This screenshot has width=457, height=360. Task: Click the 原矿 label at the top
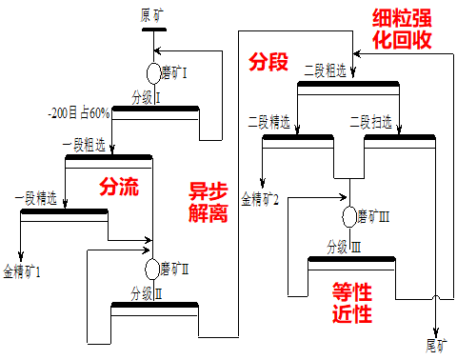tap(152, 16)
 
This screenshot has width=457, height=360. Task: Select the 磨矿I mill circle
tap(154, 73)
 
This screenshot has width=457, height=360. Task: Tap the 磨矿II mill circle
tap(152, 269)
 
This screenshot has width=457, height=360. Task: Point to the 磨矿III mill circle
tap(349, 217)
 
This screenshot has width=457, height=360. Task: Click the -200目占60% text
tap(79, 113)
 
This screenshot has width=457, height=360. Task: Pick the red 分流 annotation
tap(119, 187)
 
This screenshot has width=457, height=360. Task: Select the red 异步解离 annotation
tap(209, 202)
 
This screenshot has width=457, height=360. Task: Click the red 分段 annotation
tap(268, 61)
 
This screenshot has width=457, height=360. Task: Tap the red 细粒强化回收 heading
tap(402, 29)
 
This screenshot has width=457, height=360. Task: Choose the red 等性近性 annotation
tap(352, 303)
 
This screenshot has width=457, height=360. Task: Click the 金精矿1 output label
tap(22, 271)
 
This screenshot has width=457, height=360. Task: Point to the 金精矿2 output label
tap(260, 199)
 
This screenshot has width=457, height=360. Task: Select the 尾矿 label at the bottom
tap(436, 345)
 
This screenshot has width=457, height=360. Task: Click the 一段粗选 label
tap(84, 146)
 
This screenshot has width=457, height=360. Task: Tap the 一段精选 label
tap(36, 198)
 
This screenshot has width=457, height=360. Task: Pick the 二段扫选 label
tap(370, 122)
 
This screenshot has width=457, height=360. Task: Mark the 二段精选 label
tap(269, 122)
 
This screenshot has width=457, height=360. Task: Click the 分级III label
tap(344, 247)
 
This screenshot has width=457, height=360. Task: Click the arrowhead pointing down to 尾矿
tap(436, 333)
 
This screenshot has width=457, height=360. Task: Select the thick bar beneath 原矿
tap(154, 30)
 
